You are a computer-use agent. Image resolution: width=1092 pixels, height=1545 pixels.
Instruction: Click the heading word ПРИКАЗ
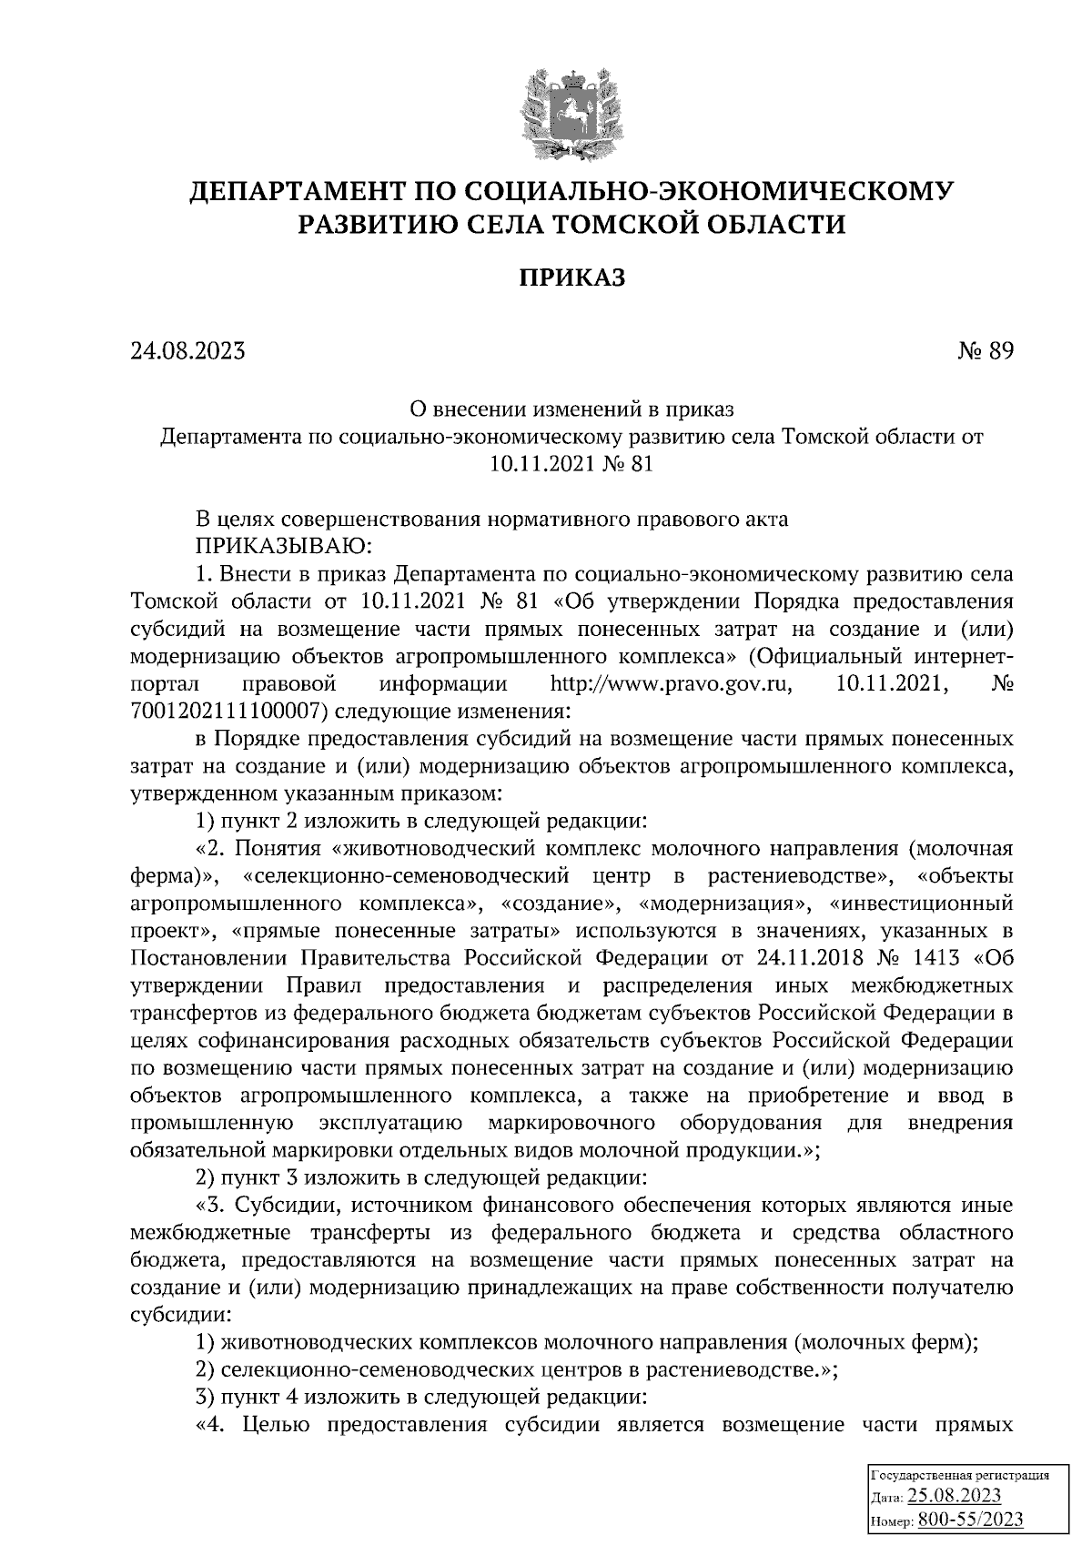click(571, 278)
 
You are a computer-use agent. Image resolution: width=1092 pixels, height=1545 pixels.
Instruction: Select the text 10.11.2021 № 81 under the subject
click(571, 464)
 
